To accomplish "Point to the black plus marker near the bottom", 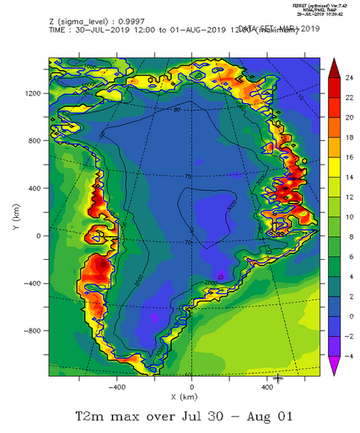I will point(278,377).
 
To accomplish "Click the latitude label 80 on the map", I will point(177,110).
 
